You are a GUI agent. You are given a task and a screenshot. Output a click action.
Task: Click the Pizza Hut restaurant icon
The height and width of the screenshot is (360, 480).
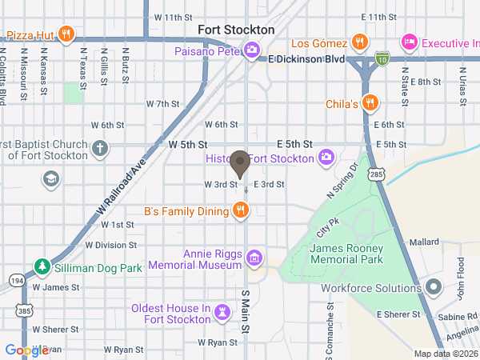(x=66, y=35)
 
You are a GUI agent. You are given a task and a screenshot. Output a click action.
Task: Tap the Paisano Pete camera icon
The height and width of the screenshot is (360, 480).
(x=251, y=51)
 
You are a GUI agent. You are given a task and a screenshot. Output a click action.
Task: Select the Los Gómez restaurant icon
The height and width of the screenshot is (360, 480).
(x=359, y=42)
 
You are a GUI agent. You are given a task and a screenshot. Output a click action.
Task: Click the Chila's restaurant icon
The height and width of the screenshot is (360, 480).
(x=369, y=102)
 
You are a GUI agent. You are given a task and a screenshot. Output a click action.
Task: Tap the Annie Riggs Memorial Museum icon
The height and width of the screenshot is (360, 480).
(x=254, y=258)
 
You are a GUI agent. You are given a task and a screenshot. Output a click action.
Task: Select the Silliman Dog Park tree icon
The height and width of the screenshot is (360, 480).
(x=42, y=266)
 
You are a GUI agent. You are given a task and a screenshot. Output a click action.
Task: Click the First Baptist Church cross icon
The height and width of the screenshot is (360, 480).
(x=99, y=148)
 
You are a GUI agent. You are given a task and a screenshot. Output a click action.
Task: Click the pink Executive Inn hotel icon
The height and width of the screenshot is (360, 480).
(x=410, y=42)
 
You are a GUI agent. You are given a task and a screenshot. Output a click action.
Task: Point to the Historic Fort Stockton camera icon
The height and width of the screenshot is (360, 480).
(x=326, y=157)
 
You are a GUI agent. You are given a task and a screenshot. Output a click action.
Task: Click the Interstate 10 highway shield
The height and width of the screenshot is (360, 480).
(x=382, y=58)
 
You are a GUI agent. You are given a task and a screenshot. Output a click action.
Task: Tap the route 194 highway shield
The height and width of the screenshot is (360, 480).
(x=17, y=281)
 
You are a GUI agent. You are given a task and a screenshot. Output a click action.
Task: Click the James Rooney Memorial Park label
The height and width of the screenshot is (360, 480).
(x=346, y=254)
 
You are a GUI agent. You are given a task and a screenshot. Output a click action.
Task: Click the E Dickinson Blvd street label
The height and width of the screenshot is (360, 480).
(x=306, y=59)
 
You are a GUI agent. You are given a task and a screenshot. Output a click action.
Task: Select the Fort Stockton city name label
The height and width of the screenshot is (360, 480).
(x=236, y=30)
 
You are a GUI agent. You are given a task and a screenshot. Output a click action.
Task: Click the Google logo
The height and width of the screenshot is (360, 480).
(x=26, y=350)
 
